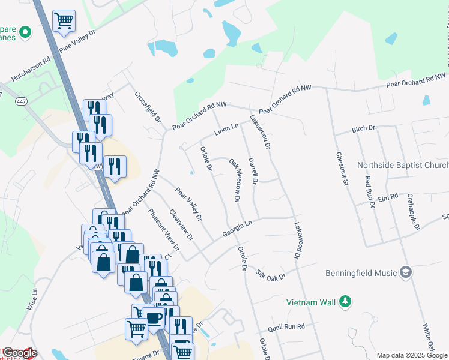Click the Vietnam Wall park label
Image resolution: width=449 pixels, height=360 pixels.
click(x=310, y=302)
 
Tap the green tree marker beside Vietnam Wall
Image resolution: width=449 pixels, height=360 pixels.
click(x=345, y=301)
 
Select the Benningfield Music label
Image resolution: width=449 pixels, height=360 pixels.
click(x=361, y=273)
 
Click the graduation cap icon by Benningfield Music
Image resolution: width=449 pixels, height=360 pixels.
click(x=406, y=273)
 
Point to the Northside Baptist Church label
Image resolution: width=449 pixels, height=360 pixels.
click(x=402, y=166)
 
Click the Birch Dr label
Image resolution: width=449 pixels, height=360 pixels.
click(x=363, y=128)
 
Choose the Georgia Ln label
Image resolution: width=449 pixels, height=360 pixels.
click(x=237, y=227)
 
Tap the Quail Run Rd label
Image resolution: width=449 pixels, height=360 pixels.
click(x=287, y=326)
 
